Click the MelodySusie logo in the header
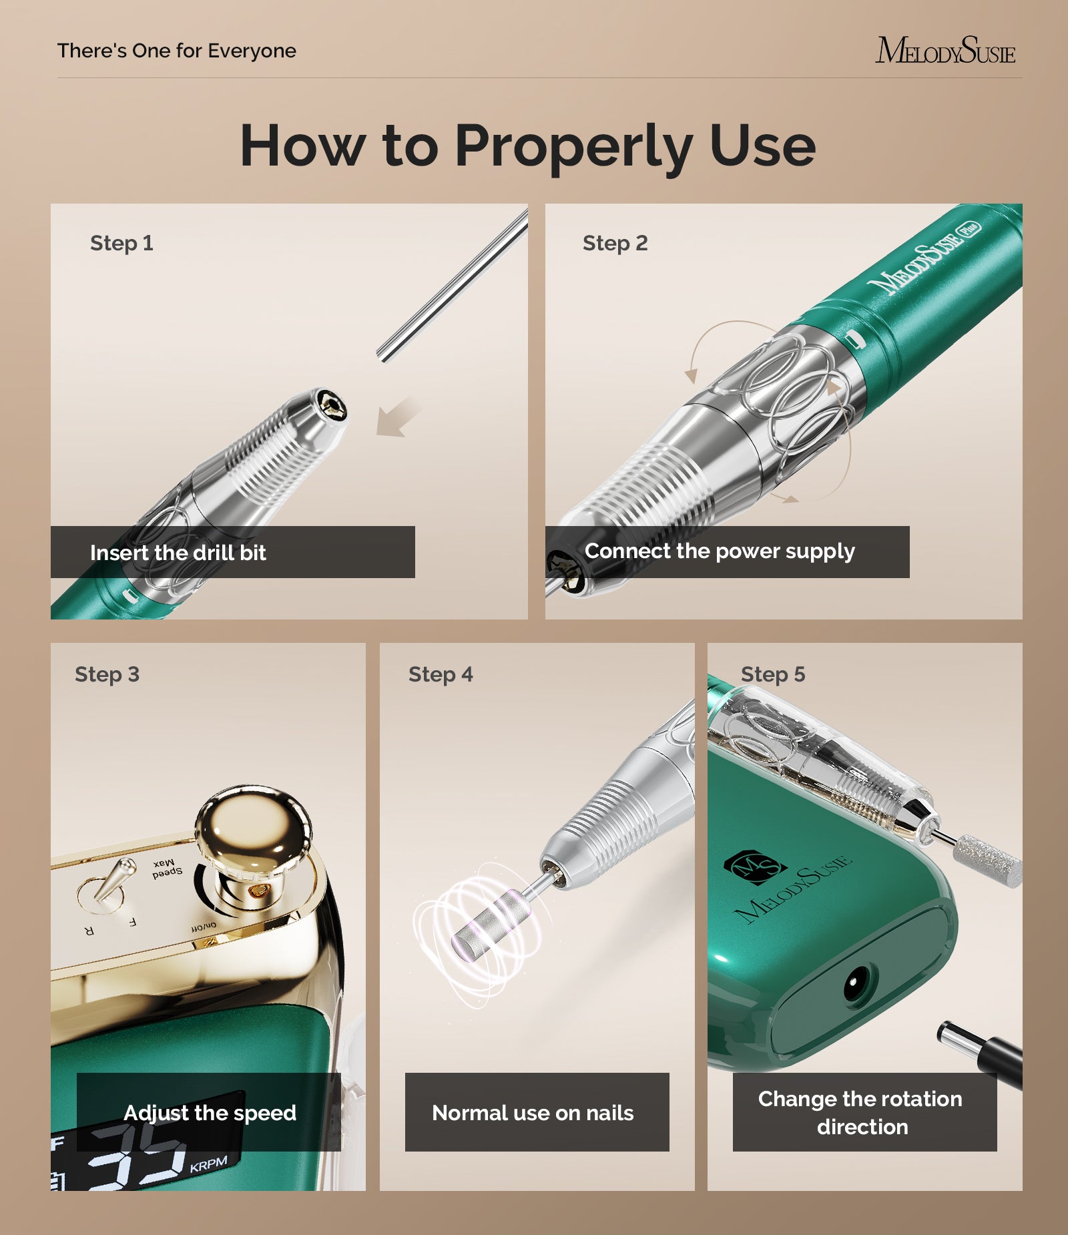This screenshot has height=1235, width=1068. [x=945, y=51]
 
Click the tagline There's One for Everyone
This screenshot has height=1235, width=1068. [x=176, y=51]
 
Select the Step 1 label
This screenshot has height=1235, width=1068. [x=121, y=243]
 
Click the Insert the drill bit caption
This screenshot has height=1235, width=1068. [x=178, y=553]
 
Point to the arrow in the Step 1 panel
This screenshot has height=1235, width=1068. [x=398, y=418]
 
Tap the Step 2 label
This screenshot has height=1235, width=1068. [x=615, y=243]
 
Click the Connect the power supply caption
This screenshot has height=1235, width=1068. [x=719, y=551]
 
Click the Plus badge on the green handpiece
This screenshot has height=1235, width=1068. [x=969, y=228]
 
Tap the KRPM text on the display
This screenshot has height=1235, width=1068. [x=208, y=1165]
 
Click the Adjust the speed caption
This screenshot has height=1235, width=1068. [x=210, y=1113]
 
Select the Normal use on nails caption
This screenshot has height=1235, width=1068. [x=533, y=1113]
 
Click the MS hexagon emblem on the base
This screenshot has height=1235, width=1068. [x=754, y=867]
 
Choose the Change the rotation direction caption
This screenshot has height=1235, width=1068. [x=861, y=1113]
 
